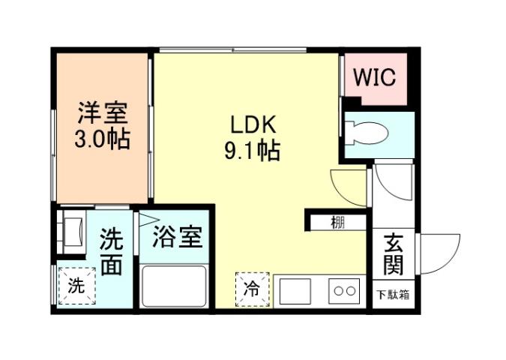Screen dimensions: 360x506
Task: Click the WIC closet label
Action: click(x=375, y=76)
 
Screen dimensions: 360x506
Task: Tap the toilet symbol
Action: click(x=367, y=132)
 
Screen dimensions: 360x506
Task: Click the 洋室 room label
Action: click(x=103, y=113)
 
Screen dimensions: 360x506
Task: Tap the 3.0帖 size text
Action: click(x=103, y=139)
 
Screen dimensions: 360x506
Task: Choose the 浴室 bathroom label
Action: click(x=178, y=238)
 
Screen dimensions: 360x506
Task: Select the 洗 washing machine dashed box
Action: click(x=76, y=286)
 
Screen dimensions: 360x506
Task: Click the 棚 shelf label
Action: click(x=338, y=222)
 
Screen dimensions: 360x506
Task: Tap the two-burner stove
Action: click(x=346, y=290)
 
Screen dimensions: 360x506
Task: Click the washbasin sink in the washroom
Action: click(x=73, y=232)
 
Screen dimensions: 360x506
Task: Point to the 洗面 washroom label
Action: click(x=112, y=253)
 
